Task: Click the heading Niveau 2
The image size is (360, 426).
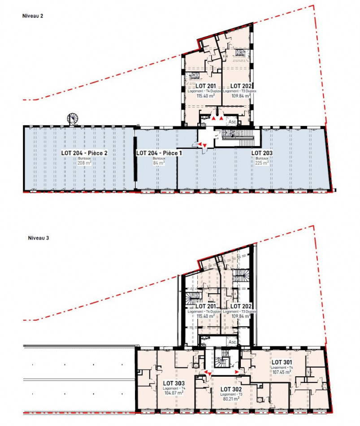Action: (32, 16)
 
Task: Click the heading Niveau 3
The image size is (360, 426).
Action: (32, 238)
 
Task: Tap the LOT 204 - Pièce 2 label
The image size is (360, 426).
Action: (85, 153)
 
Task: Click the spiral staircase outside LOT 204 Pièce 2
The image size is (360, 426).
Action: (72, 118)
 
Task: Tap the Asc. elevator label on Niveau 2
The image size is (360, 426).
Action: (233, 121)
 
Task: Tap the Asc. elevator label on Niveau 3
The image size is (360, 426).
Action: (233, 342)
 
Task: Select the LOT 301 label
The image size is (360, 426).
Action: (282, 361)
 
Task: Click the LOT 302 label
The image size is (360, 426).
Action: (231, 388)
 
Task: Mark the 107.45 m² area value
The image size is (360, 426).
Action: (282, 372)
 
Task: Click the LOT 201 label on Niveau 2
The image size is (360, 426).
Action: (206, 86)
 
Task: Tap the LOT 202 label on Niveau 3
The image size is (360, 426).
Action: (241, 306)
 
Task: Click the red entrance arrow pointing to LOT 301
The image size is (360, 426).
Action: (237, 372)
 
